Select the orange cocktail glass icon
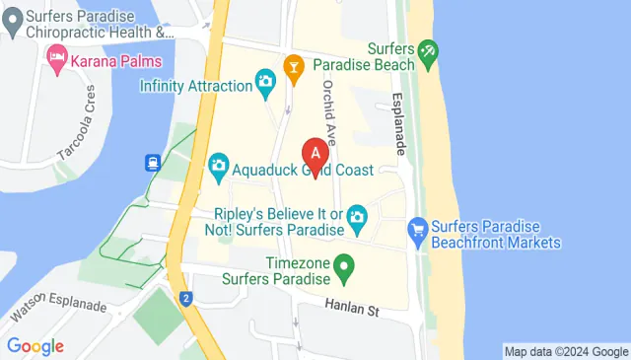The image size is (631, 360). tap(293, 66)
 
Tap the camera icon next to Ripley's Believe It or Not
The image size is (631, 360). tap(357, 215)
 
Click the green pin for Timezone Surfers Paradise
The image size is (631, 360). tap(343, 265)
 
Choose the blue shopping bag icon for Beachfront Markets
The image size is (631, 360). tap(418, 233)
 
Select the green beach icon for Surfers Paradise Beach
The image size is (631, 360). tap(428, 49)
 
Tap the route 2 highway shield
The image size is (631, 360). tap(185, 298)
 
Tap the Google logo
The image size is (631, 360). tap(35, 345)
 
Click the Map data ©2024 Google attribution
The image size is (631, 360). tap(565, 351)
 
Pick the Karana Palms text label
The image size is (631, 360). tap(118, 59)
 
